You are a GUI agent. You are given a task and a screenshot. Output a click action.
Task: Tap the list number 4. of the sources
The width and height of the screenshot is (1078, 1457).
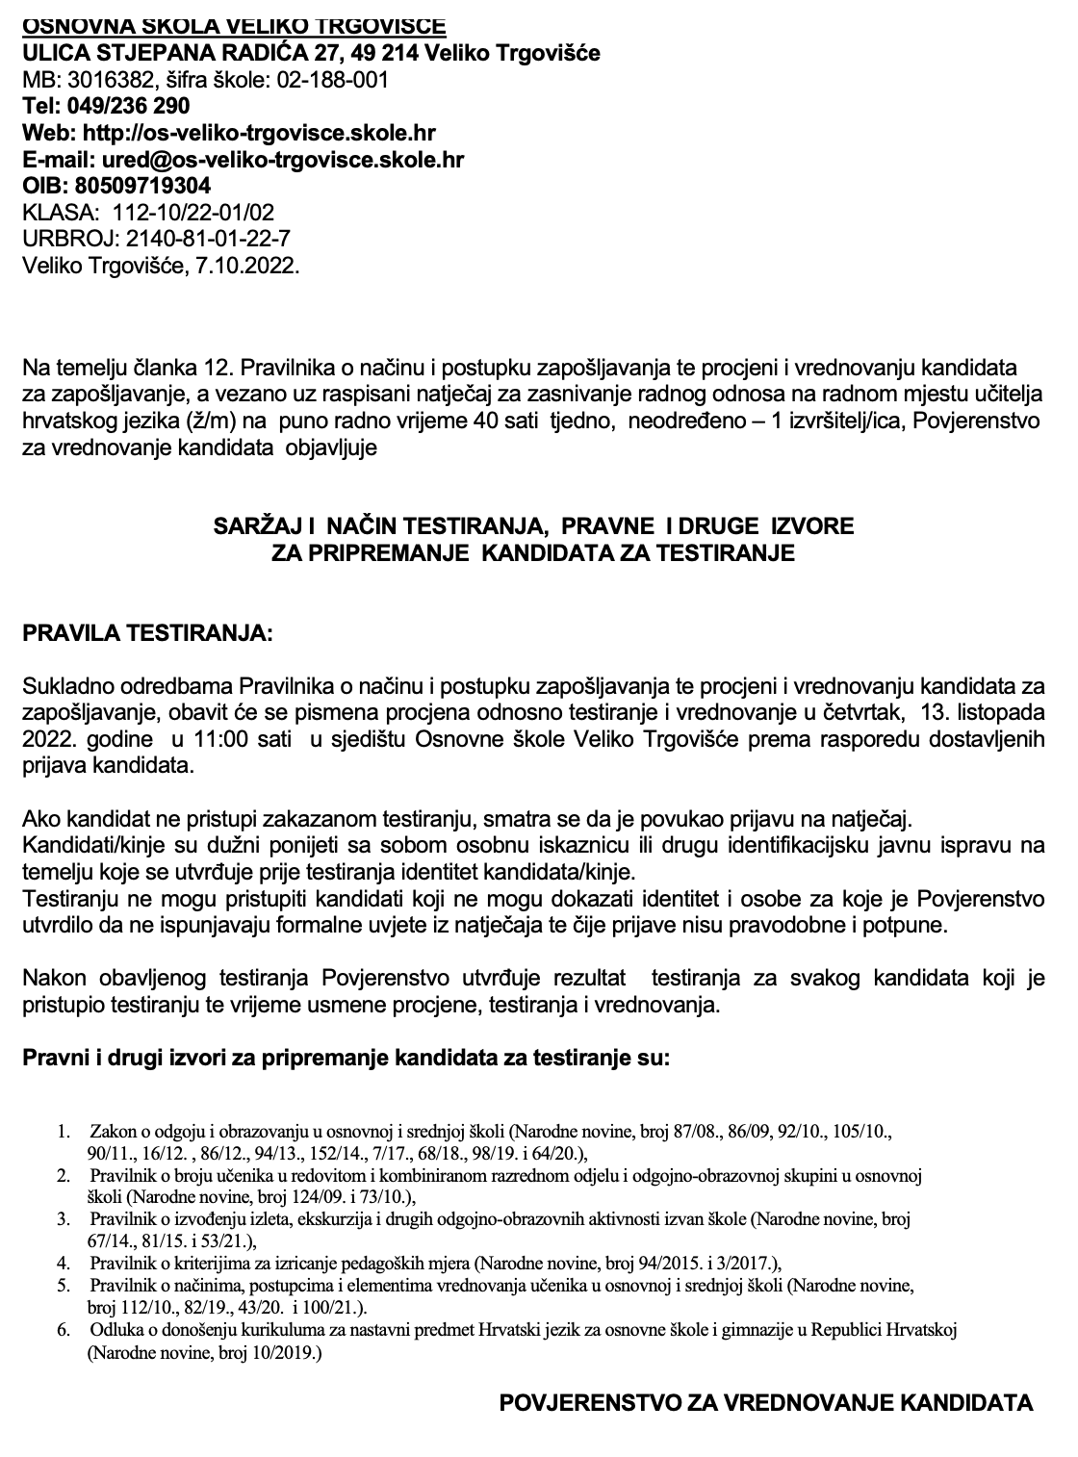(64, 1263)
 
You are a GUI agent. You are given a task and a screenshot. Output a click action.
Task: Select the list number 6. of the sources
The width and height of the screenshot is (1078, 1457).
(64, 1330)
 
